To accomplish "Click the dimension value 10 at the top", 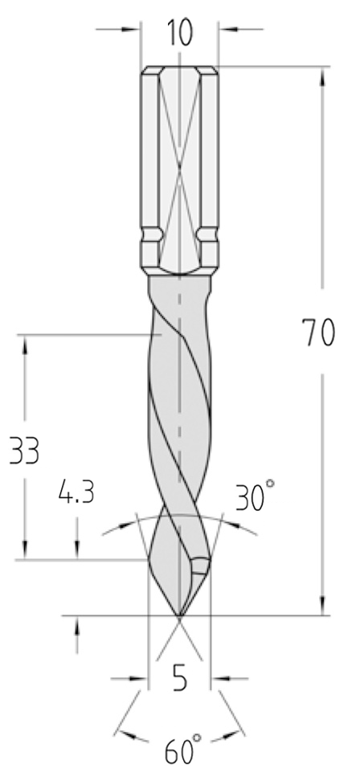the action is pos(180,33).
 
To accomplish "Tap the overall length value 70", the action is pos(319,333).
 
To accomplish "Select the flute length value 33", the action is pos(25,451).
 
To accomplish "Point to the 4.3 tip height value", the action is pos(76,492).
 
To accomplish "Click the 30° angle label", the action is pos(254,496).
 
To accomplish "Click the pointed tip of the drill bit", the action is pos(180,615).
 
